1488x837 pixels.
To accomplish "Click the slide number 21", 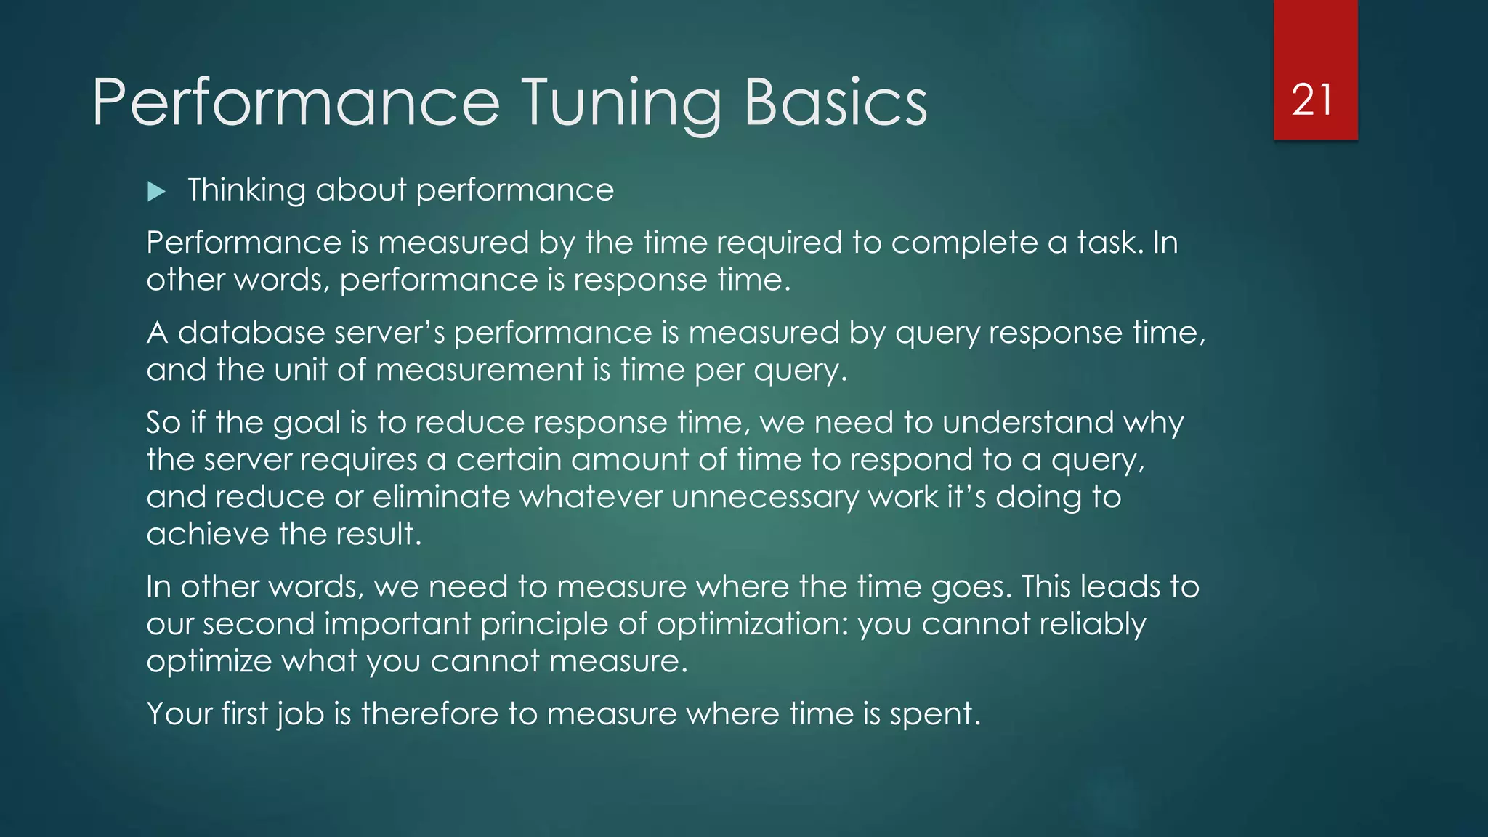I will coord(1312,100).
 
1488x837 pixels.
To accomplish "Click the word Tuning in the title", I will coord(622,103).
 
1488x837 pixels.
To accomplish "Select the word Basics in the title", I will coord(836,103).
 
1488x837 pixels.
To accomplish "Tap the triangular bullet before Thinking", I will coord(156,192).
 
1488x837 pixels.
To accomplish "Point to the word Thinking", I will coord(246,190).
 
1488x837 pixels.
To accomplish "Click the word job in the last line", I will coord(301,714).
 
